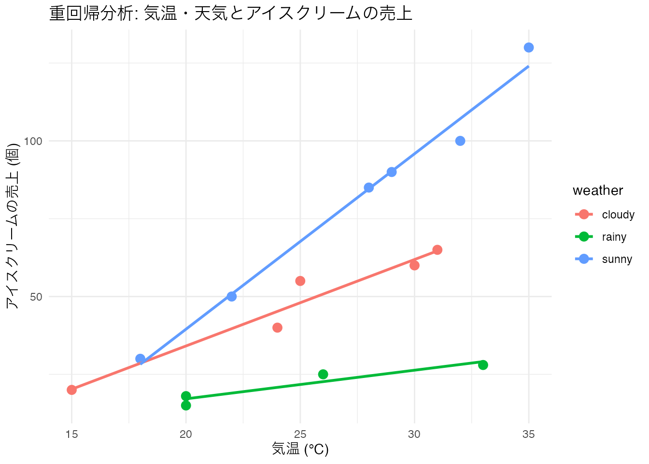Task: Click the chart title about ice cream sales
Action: coord(231,14)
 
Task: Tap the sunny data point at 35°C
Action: coord(529,47)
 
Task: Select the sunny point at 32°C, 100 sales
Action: coord(460,141)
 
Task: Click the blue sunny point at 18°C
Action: coord(141,359)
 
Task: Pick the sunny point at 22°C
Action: coord(232,296)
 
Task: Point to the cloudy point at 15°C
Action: coord(72,390)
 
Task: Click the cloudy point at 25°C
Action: coord(300,281)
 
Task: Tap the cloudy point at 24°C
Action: coord(277,328)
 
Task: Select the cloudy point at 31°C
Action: coord(437,250)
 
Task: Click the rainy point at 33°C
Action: coord(483,365)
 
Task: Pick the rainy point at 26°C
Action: coord(323,374)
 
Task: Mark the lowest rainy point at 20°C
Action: coord(186,405)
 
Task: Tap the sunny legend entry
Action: coord(604,259)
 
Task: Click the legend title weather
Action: coord(598,190)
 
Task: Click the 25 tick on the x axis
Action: coord(300,434)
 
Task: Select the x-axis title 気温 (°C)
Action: coord(300,449)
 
